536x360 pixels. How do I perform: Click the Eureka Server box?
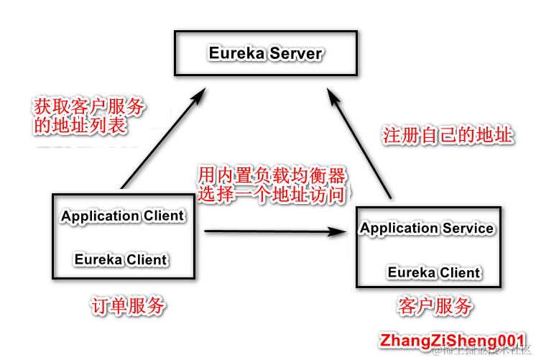pyautogui.click(x=266, y=52)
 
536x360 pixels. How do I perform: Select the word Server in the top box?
pyautogui.click(x=296, y=53)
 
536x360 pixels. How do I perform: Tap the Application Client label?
pyautogui.click(x=123, y=216)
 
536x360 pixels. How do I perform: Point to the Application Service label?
pyautogui.click(x=427, y=229)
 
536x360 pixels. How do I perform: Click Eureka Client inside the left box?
pyautogui.click(x=121, y=259)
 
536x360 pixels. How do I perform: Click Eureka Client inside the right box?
pyautogui.click(x=434, y=272)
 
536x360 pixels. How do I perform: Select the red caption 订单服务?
pyautogui.click(x=129, y=307)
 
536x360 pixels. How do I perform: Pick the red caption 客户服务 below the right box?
pyautogui.click(x=435, y=307)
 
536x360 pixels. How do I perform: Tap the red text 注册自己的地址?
pyautogui.click(x=447, y=136)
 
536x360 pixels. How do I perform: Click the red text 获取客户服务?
pyautogui.click(x=89, y=107)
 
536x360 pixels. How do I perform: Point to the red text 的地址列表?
pyautogui.click(x=80, y=126)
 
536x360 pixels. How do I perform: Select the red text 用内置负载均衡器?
pyautogui.click(x=272, y=175)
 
